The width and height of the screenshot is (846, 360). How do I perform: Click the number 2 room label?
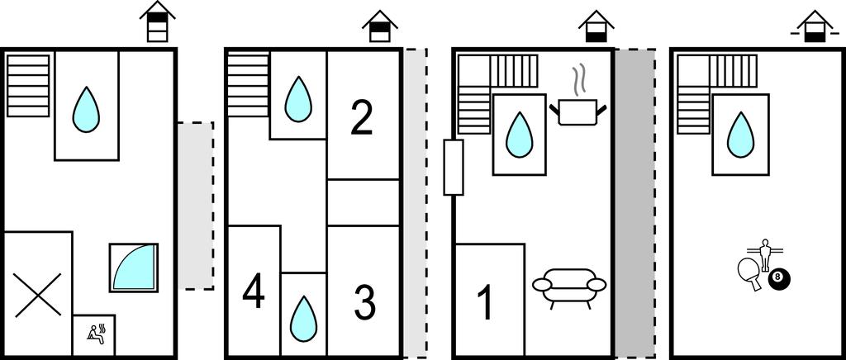pyautogui.click(x=361, y=117)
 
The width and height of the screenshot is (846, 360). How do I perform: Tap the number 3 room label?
pyautogui.click(x=364, y=302)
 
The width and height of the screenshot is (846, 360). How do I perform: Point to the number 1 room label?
pyautogui.click(x=486, y=302)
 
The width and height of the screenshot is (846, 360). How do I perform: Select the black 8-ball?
pyautogui.click(x=777, y=279)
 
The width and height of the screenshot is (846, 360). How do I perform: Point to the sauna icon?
pyautogui.click(x=94, y=334)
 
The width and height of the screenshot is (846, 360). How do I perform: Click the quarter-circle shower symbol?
pyautogui.click(x=133, y=267)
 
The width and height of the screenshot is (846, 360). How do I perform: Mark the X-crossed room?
pyautogui.click(x=37, y=294)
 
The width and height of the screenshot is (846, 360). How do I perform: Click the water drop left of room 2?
pyautogui.click(x=297, y=97)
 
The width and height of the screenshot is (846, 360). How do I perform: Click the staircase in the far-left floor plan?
pyautogui.click(x=29, y=85)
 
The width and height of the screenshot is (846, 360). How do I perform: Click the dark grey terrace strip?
pyautogui.click(x=634, y=203)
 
